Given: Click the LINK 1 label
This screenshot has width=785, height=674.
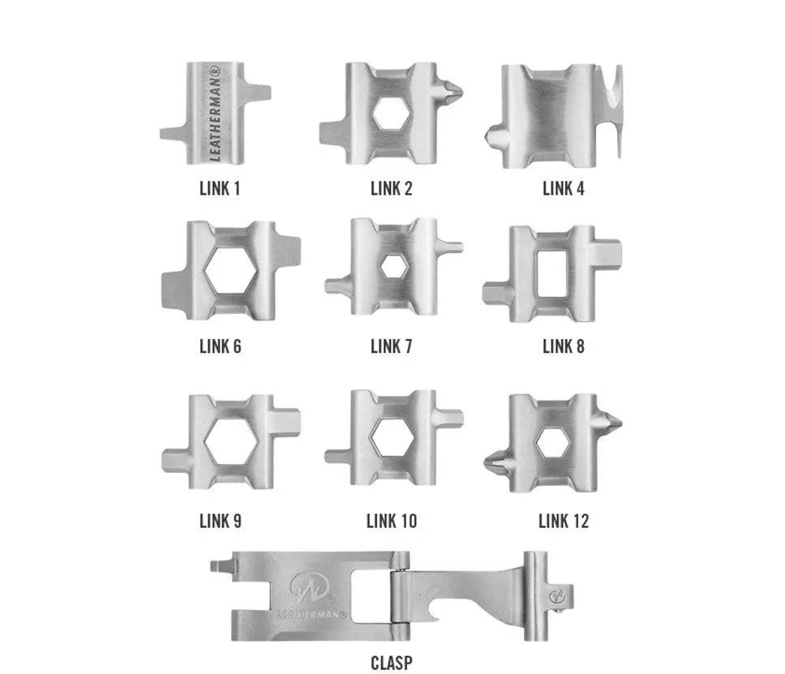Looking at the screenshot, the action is coord(220,189).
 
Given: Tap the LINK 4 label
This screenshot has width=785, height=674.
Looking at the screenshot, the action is coord(564,189).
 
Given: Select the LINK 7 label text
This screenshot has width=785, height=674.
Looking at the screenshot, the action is coord(392,346).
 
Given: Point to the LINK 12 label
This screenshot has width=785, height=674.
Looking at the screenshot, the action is coord(564,521).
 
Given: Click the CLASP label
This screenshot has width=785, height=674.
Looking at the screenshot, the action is coord(392,663).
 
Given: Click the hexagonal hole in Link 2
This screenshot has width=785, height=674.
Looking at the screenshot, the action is coord(392,114).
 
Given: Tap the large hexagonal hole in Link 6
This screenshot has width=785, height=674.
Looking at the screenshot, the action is coord(231,270).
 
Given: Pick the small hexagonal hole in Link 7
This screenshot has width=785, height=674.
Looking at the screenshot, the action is coord(394,266).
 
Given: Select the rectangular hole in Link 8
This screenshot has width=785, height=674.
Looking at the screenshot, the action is coord(551,273).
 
